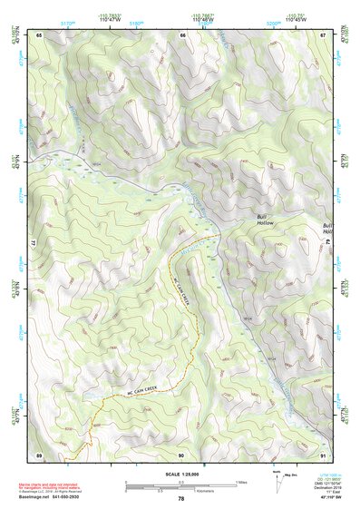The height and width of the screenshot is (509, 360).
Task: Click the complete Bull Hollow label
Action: click(x=264, y=220)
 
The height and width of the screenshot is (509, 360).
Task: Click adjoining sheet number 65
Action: click(x=40, y=34)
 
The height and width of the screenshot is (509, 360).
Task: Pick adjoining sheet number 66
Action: click(x=182, y=34)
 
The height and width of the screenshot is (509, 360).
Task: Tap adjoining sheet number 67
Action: click(x=323, y=34)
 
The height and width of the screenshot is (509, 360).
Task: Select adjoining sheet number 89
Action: click(x=40, y=455)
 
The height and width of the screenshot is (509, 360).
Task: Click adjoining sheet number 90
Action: click(x=182, y=455)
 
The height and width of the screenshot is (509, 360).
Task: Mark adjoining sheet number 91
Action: click(x=323, y=455)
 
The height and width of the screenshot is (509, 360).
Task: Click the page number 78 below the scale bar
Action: click(x=181, y=499)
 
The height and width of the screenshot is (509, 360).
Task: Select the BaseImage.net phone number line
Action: click(x=68, y=496)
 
